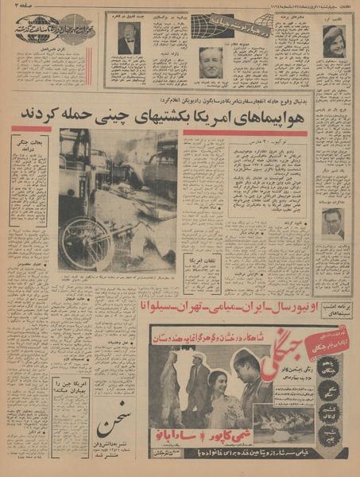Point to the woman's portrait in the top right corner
click(335, 41)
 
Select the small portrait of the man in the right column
click(334, 222)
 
